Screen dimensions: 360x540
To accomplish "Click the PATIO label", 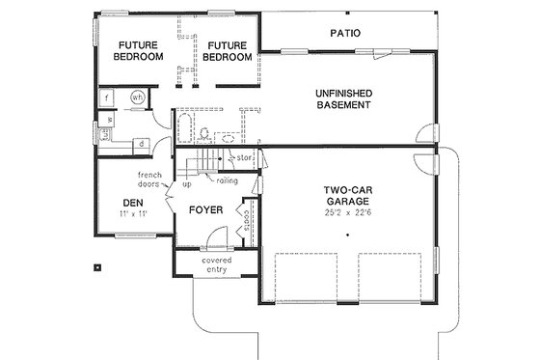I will tap(344, 33).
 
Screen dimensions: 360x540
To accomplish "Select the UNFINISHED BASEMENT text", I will tap(343, 98).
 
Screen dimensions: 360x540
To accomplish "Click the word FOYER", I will tap(205, 209).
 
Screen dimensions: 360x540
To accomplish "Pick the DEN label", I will tap(133, 202).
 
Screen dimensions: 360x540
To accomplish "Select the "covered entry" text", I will tap(215, 265).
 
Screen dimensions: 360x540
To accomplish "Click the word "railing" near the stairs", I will tap(227, 180).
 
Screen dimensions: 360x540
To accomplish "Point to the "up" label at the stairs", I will tap(187, 181).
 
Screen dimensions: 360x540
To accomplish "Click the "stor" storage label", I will tap(245, 156).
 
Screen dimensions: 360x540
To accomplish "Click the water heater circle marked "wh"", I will tap(137, 97).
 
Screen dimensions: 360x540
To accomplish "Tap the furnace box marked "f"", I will tap(108, 97).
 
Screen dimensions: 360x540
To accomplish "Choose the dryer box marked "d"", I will tap(142, 144).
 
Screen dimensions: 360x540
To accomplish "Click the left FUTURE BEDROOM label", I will tap(138, 51).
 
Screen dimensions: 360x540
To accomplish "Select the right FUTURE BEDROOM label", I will tap(228, 51).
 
